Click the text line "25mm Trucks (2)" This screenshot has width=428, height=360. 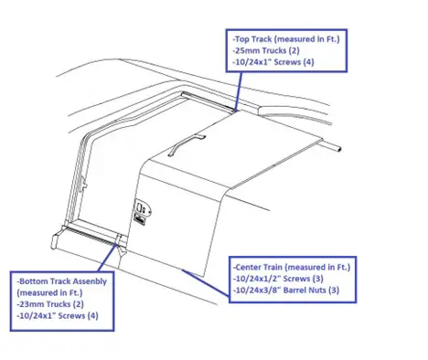point(266,50)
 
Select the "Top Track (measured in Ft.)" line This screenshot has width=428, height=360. point(286,39)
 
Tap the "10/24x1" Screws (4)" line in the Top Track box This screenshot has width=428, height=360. point(273,62)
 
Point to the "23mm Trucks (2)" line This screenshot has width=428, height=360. point(50,304)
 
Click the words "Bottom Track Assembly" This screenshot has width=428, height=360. point(62,281)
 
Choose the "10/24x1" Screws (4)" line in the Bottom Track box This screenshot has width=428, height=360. point(58,315)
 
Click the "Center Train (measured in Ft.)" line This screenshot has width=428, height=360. point(292,268)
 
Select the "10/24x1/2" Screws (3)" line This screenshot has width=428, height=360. point(278,279)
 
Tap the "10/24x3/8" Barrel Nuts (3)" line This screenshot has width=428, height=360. point(286,290)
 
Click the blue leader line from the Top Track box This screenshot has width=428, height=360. point(239,91)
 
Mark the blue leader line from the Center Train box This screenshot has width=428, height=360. point(205,282)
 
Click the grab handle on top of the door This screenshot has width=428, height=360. point(187,144)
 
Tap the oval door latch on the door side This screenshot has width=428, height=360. point(143,207)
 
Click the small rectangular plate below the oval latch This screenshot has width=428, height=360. point(139,219)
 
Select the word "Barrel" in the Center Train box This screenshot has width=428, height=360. point(295,290)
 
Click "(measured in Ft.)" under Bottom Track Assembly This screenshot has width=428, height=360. point(49,292)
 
